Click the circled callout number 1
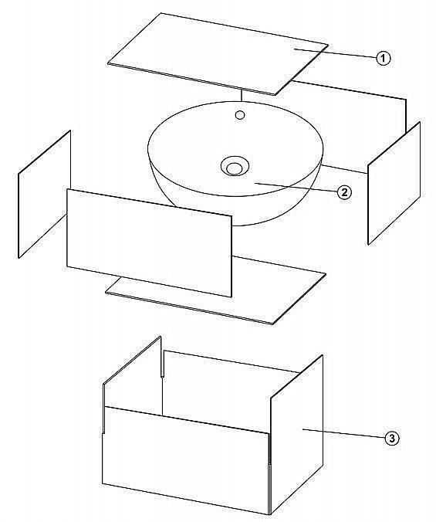point(384,58)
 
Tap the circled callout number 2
point(344,192)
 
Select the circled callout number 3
point(392,438)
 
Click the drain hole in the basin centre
point(235,166)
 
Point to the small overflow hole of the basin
point(240,115)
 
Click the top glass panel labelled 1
point(218,53)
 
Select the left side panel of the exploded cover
point(44,194)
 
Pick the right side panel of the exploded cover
point(394,183)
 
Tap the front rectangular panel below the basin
point(150,242)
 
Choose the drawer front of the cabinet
point(185,460)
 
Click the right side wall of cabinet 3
point(296,432)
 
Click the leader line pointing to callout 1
point(335,53)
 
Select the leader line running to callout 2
point(296,187)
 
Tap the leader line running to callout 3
point(343,433)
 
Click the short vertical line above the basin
point(241,95)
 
